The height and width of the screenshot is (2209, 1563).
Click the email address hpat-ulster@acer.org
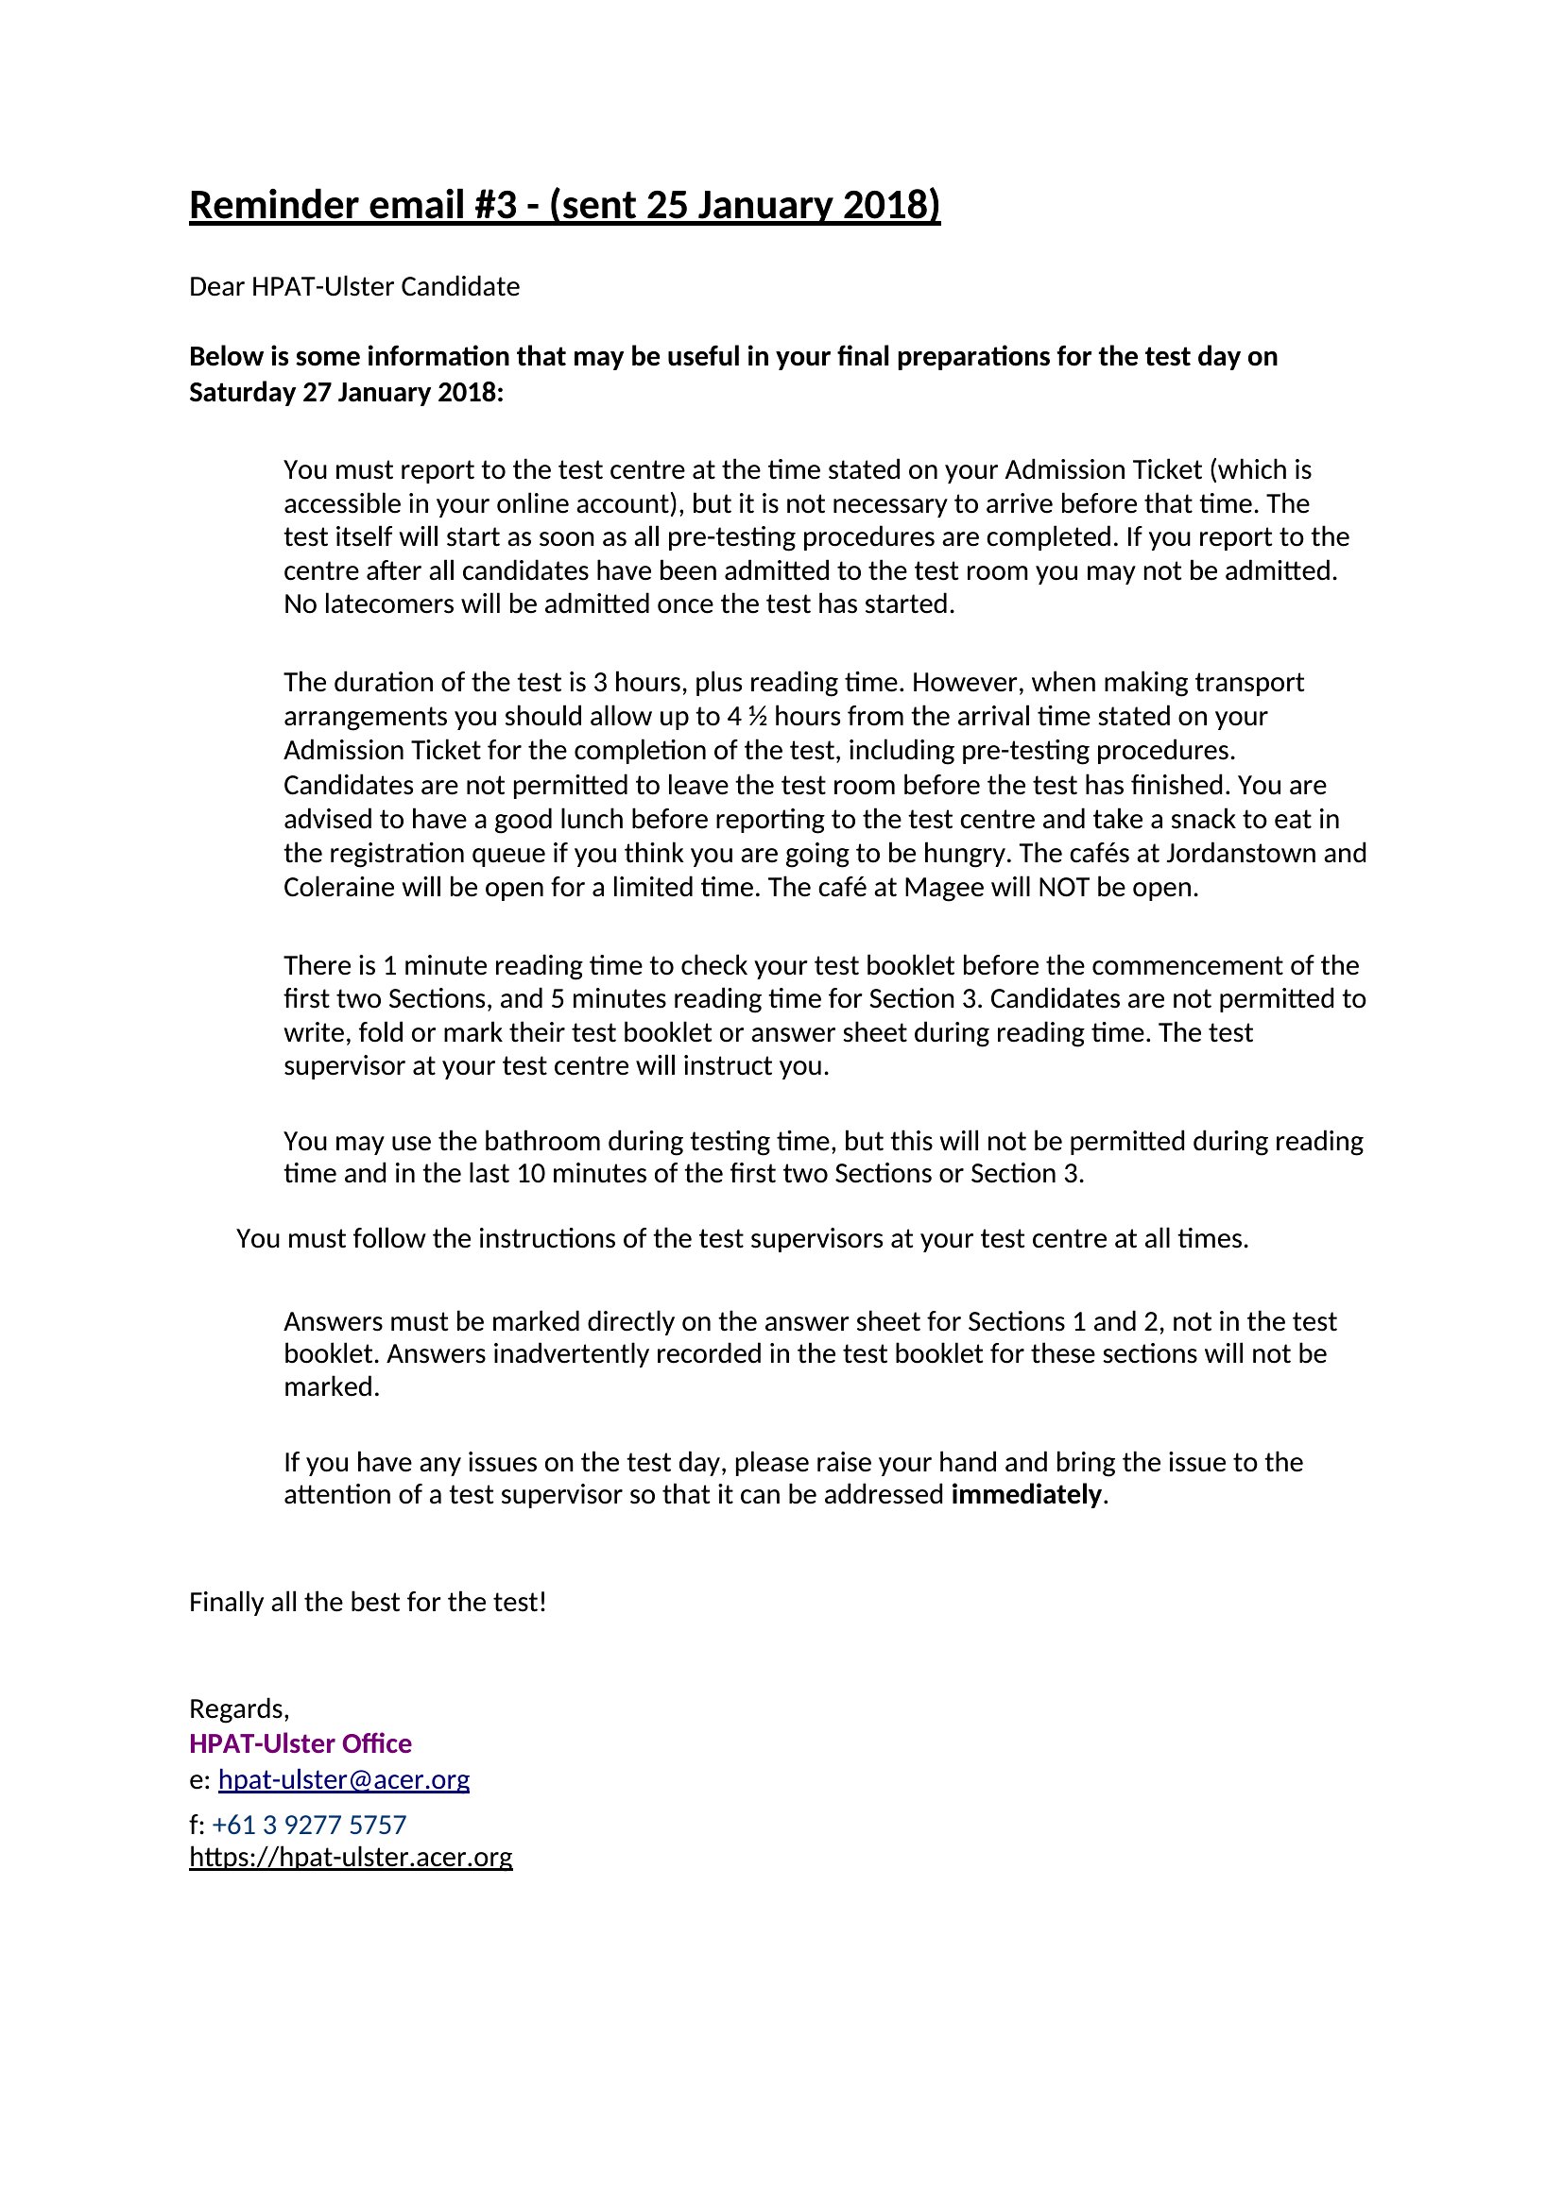click(x=344, y=1780)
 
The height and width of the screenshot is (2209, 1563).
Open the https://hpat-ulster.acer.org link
click(x=351, y=1857)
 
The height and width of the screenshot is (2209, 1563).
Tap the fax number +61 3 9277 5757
click(x=309, y=1826)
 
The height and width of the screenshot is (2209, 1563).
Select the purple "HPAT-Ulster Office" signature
click(x=301, y=1744)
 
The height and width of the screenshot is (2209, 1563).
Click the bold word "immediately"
click(x=1026, y=1495)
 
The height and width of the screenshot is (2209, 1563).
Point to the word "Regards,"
click(x=239, y=1708)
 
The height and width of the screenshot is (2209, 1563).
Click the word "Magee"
click(x=937, y=887)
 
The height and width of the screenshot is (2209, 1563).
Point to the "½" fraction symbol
click(x=757, y=717)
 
